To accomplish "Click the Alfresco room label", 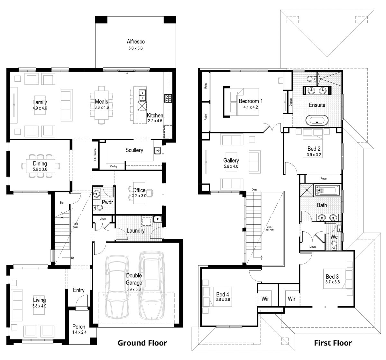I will [x=135, y=42].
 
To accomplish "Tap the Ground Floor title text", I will [x=142, y=343].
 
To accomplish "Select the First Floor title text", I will [x=333, y=343].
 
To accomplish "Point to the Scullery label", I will [x=134, y=150].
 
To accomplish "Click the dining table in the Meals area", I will [x=102, y=105].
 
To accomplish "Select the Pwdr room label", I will [x=106, y=203].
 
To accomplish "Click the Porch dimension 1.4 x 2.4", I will [x=78, y=333].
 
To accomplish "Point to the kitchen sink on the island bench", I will [x=142, y=95].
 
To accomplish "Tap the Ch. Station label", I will [x=95, y=154].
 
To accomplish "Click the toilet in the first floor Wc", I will [x=334, y=245].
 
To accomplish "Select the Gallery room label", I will [x=231, y=161].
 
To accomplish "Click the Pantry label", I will [x=113, y=166].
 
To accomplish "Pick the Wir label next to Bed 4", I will [x=265, y=299].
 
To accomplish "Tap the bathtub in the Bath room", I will [x=326, y=190].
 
